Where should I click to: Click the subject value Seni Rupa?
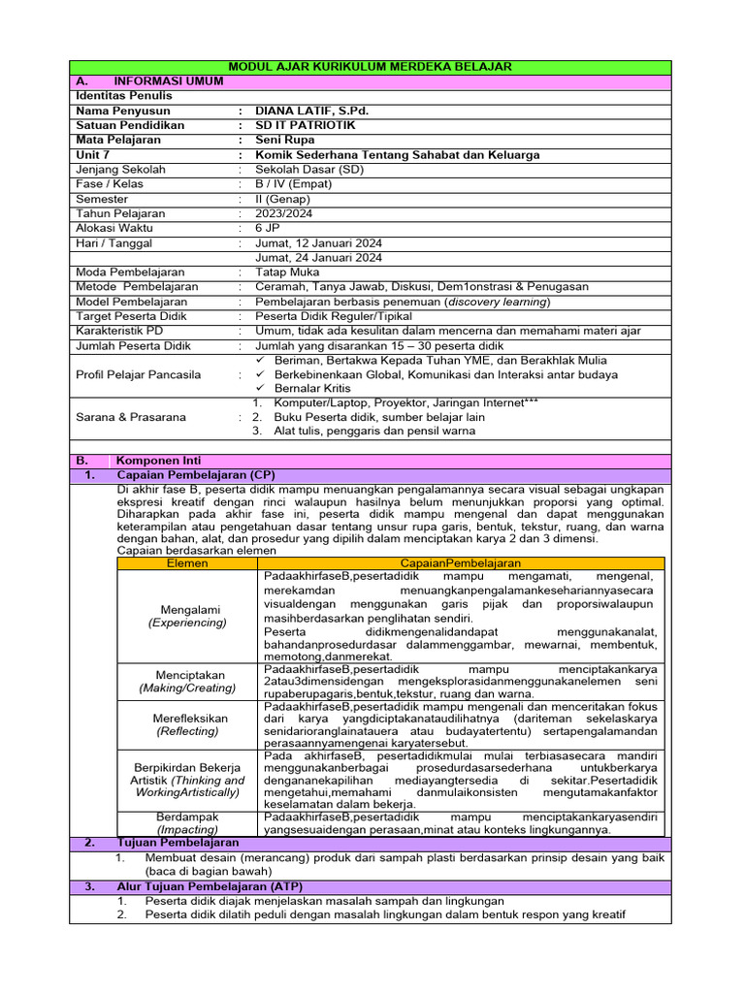[282, 140]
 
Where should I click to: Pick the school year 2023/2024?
[283, 213]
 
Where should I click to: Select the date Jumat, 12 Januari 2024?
[318, 242]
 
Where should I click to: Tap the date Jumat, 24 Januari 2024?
[318, 258]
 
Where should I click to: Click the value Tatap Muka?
[287, 272]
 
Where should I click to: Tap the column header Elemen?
[188, 562]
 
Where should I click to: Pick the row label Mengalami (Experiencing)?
[188, 616]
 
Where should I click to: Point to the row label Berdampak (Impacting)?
[188, 823]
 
